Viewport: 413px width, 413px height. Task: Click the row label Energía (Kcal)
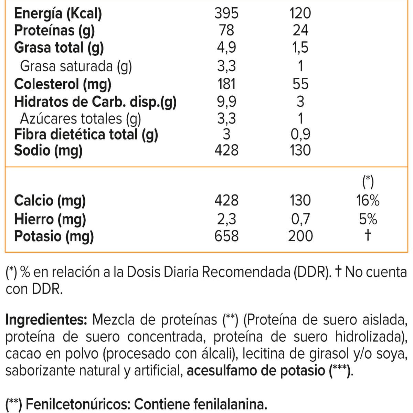click(58, 14)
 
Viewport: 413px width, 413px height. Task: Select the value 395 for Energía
click(226, 13)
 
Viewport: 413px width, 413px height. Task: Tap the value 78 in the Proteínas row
click(226, 30)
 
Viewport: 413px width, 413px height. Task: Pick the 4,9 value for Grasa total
click(226, 47)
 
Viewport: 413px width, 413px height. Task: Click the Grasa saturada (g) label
click(76, 66)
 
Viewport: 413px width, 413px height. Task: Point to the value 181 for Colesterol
click(226, 84)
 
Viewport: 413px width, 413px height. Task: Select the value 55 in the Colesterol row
click(300, 84)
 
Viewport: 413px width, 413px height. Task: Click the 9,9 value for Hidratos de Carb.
click(226, 102)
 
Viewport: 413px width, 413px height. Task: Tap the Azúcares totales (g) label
click(80, 118)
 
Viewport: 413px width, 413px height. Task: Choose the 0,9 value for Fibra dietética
click(300, 134)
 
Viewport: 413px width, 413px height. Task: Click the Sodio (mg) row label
click(48, 151)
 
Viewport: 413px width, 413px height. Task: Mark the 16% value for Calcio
click(368, 200)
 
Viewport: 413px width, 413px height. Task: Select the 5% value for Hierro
click(368, 219)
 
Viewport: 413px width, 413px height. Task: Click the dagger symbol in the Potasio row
click(368, 235)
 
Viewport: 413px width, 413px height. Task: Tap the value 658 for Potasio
click(226, 236)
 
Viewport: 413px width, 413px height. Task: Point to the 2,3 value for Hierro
click(226, 219)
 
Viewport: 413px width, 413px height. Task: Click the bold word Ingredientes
click(46, 320)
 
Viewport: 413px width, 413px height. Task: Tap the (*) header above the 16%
click(368, 181)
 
